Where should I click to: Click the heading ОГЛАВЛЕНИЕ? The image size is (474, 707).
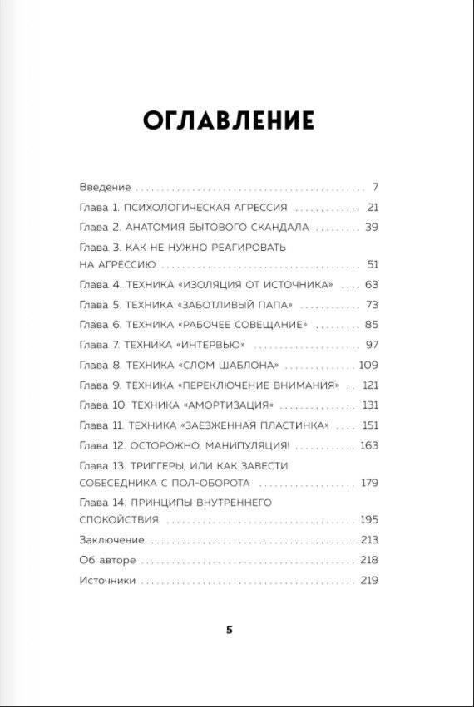pos(229,120)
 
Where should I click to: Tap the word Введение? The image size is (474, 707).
pos(105,186)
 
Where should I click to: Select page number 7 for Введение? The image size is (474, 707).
pos(375,186)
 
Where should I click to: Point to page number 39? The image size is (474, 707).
pos(371,227)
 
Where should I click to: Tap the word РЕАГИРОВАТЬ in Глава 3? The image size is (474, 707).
pos(249,248)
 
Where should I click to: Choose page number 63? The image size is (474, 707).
pos(371,285)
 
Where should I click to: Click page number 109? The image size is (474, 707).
pos(368,365)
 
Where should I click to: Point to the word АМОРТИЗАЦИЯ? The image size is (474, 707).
pos(227,405)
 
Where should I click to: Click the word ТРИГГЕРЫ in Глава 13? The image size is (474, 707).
pos(155,466)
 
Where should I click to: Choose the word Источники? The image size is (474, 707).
pos(107,581)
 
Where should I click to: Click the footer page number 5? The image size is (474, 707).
pos(230,630)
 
